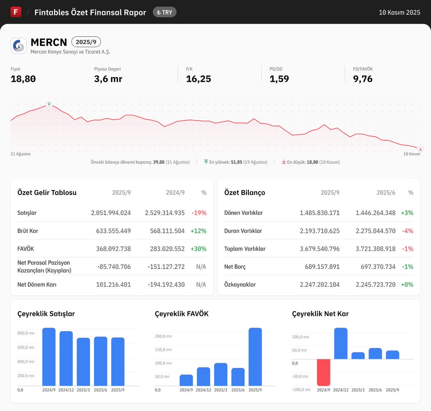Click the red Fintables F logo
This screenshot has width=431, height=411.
point(16,12)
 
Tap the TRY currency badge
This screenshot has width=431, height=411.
point(164,12)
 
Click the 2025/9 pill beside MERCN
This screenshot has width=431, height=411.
point(86,42)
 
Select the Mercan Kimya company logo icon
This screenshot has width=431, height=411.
point(19,46)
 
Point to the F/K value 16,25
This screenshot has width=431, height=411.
point(198,79)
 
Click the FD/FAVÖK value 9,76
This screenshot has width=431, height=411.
point(363,79)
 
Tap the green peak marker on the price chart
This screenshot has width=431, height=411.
point(49,104)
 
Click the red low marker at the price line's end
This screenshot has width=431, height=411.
point(420,149)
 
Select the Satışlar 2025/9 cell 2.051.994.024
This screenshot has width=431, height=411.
point(111,213)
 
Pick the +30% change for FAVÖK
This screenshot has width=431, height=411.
point(199,249)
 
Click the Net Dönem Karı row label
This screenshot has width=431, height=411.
point(37,285)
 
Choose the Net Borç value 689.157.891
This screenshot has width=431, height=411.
point(319,267)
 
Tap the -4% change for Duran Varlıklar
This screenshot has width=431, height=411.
point(408,231)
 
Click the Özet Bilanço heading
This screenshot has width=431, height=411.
point(245,193)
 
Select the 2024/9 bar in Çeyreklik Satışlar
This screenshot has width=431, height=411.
point(49,357)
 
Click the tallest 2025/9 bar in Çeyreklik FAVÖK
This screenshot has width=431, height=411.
point(255,357)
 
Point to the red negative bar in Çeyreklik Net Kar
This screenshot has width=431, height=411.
point(323,372)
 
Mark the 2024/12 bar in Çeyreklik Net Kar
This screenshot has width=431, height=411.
point(341,344)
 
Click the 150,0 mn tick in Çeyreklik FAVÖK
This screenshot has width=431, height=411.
point(163,350)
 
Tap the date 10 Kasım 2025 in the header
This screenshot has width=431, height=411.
point(399,13)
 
